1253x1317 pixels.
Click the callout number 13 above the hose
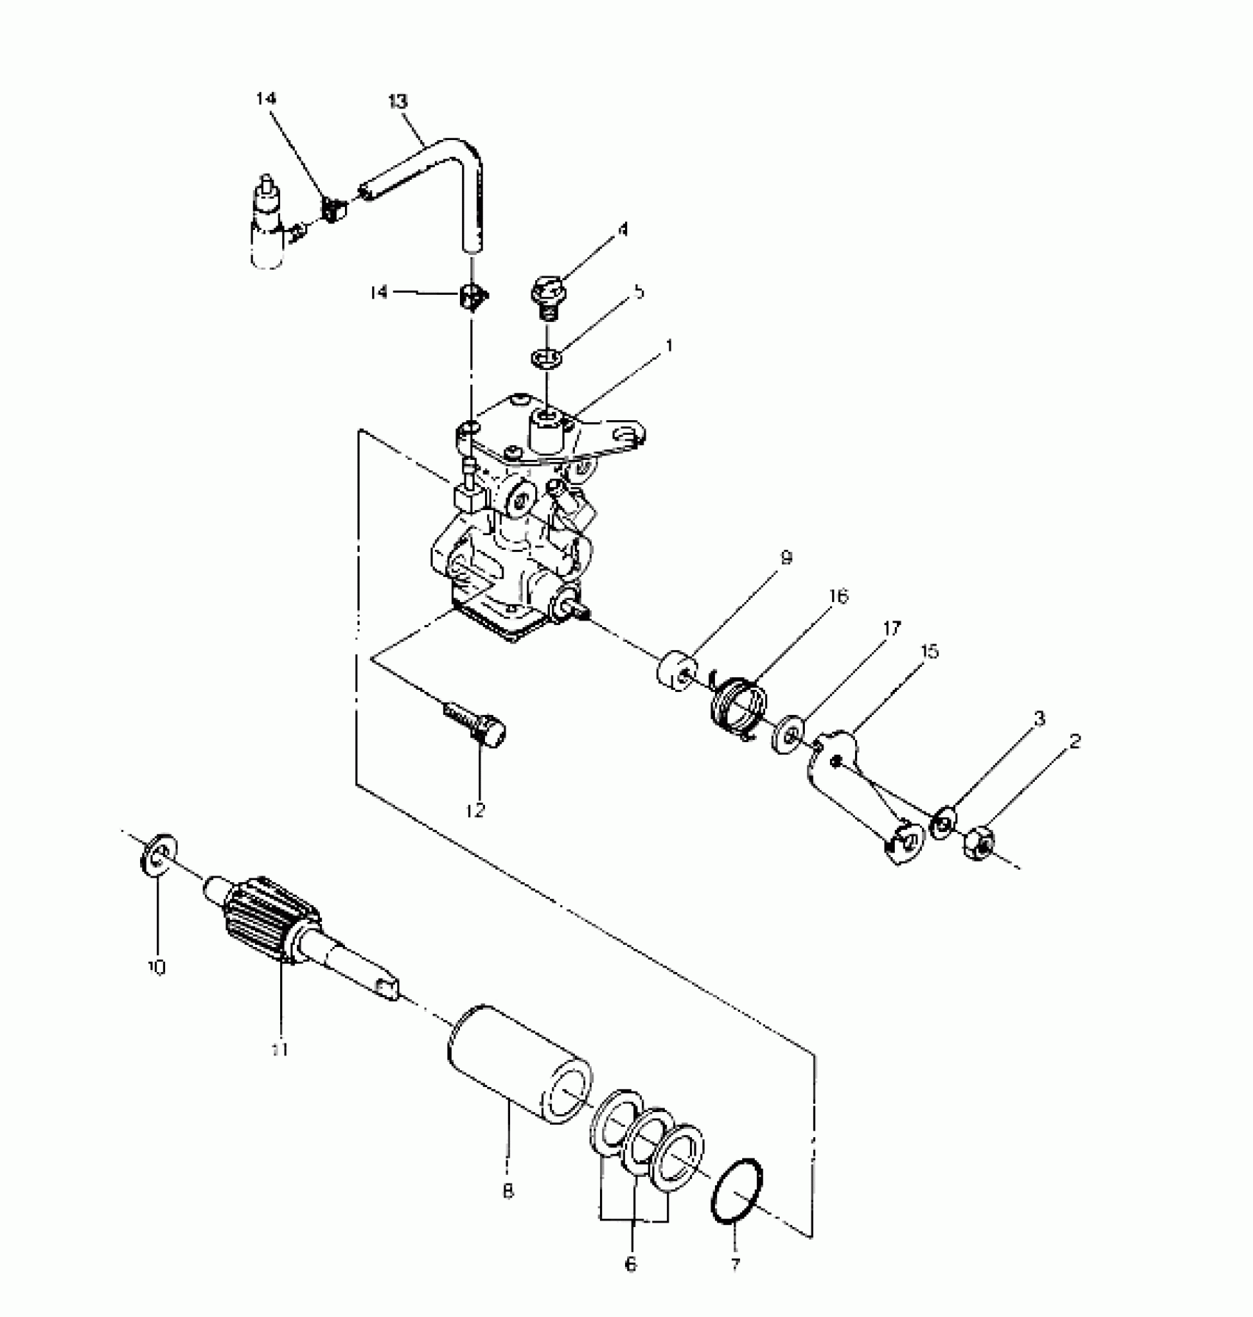point(397,101)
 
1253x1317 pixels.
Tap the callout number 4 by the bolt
point(623,230)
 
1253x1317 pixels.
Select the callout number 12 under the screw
point(475,811)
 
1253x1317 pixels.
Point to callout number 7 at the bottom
point(736,1265)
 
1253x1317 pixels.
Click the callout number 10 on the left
point(156,967)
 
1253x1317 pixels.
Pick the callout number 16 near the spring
point(838,595)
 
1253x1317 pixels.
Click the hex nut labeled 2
point(980,842)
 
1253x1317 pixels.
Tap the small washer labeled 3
point(943,824)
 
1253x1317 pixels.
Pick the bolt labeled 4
point(546,295)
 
